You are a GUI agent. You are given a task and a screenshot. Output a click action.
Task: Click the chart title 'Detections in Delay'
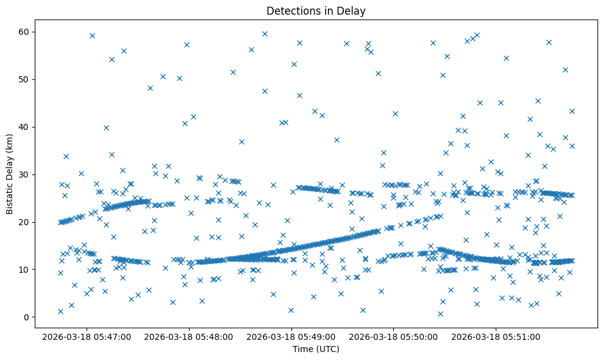click(316, 11)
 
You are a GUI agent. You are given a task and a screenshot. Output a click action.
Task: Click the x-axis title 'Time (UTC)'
click(316, 350)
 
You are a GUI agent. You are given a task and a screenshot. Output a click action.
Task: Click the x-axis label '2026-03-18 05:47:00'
click(86, 336)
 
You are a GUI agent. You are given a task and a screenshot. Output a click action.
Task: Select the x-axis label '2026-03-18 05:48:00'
click(188, 336)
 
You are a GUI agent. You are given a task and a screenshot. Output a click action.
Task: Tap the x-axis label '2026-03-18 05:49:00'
click(291, 336)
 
